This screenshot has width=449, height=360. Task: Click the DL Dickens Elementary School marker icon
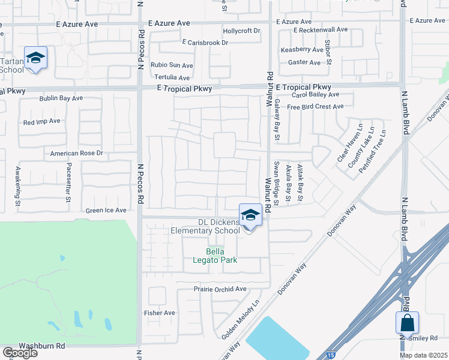[250, 215]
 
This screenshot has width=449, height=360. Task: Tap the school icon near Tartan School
[35, 58]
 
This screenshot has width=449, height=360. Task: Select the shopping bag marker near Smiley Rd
[407, 323]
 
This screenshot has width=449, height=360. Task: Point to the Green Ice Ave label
[106, 211]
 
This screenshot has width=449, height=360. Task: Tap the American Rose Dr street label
[77, 154]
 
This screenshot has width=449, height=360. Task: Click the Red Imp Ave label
[41, 121]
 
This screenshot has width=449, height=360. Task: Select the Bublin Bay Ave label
[61, 98]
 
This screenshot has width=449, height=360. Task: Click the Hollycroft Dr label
[241, 31]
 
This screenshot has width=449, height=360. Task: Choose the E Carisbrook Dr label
[206, 43]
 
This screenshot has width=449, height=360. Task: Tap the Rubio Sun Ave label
[172, 65]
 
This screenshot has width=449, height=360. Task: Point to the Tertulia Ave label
[172, 78]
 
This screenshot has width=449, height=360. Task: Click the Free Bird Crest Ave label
[315, 107]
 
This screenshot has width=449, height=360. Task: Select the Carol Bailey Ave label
[315, 95]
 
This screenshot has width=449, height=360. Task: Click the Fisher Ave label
[160, 313]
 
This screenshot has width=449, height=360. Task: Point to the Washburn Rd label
[41, 346]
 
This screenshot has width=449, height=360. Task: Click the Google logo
[20, 353]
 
